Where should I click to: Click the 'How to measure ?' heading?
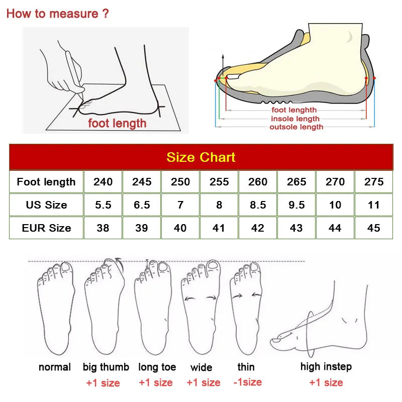click(57, 14)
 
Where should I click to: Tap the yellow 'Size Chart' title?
click(200, 157)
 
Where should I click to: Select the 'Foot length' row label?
click(46, 182)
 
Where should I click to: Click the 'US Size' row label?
click(46, 205)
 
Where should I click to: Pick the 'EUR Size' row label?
click(46, 228)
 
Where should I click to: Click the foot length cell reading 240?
click(103, 182)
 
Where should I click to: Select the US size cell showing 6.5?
click(142, 205)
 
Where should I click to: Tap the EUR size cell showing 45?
click(374, 228)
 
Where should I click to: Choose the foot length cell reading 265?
click(296, 182)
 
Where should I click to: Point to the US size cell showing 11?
click(374, 205)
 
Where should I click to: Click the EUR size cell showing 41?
click(219, 228)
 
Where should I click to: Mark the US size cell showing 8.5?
click(258, 205)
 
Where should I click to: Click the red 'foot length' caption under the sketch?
click(117, 123)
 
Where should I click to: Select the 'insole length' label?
click(295, 119)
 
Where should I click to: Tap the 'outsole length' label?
click(296, 127)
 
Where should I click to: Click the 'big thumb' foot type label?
click(106, 367)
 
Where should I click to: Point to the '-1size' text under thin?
click(247, 382)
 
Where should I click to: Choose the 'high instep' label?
click(326, 367)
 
